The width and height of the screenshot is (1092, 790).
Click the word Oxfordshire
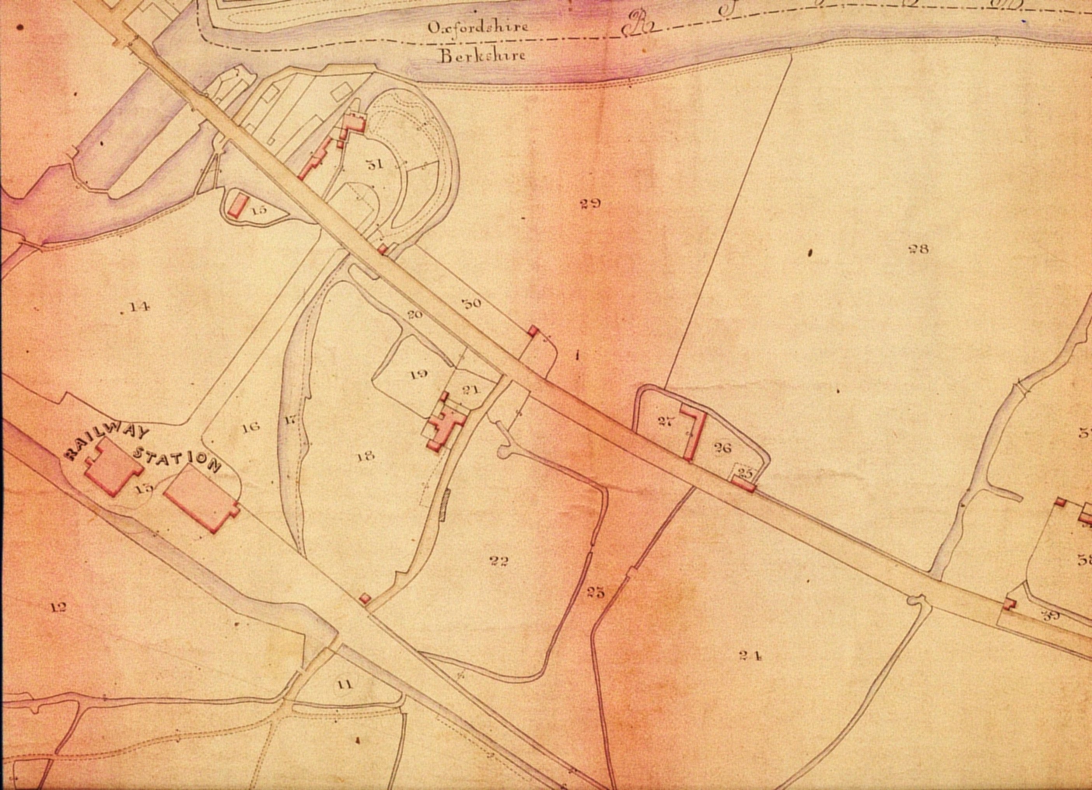pos(478,26)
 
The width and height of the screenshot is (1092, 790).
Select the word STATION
pos(177,459)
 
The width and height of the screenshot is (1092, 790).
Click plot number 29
pos(590,204)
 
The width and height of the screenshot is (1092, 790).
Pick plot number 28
pos(918,249)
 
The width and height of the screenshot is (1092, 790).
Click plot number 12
pos(58,608)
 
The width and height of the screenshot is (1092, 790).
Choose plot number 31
pos(375,165)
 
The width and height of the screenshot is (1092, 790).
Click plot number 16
pos(252,426)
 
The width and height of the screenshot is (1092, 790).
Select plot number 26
pos(723,448)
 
